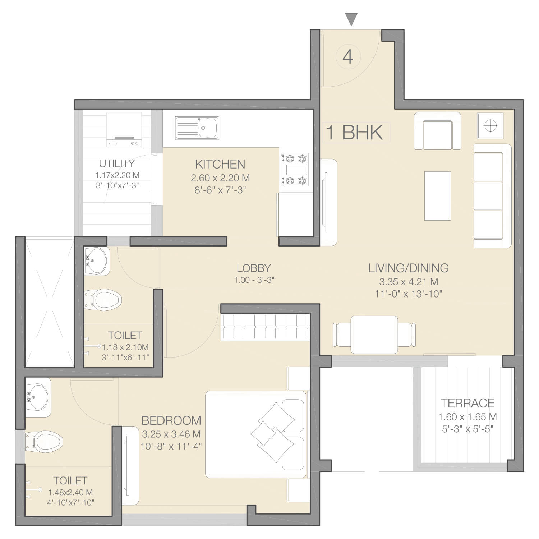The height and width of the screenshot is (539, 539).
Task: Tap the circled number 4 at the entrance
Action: click(348, 57)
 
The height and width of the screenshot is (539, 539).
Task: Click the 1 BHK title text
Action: click(354, 132)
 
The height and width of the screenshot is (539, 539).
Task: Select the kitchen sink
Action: click(197, 128)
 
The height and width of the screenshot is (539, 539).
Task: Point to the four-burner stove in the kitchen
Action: click(296, 170)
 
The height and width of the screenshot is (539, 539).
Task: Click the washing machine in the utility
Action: click(124, 130)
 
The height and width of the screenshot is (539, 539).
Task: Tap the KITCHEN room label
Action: click(220, 164)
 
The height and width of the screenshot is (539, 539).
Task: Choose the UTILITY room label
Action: click(117, 163)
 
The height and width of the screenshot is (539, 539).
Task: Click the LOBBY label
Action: click(254, 268)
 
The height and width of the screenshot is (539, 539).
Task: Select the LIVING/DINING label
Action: click(408, 268)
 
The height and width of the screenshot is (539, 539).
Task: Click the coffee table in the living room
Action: click(438, 196)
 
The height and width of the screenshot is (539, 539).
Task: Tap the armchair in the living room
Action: click(438, 131)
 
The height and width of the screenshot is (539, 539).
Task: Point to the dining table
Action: click(374, 335)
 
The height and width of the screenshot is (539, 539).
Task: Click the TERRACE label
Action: click(467, 403)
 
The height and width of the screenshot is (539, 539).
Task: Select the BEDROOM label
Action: click(171, 420)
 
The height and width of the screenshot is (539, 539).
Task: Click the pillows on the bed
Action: click(273, 432)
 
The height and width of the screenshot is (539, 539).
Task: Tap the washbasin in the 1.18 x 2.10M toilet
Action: click(96, 261)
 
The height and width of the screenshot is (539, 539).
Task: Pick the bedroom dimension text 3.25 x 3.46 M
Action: click(171, 434)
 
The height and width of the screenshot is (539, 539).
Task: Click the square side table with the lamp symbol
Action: click(490, 125)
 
